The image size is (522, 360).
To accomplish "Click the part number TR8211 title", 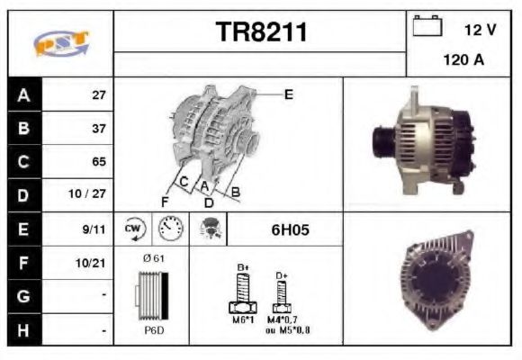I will coord(261,32).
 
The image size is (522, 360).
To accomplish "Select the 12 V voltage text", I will coord(480,30).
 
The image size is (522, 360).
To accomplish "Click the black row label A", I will coord(23,94).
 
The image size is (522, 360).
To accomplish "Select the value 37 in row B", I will coord(99,129).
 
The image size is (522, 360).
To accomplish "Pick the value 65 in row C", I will coord(99,162).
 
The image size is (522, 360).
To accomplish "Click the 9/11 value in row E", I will coord(96,229).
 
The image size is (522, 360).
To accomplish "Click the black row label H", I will coord(23,330).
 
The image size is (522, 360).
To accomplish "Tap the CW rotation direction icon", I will coord(134,229).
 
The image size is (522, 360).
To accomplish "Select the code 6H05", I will coord(290,229).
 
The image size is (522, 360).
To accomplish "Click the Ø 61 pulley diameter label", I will coord(153,258).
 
